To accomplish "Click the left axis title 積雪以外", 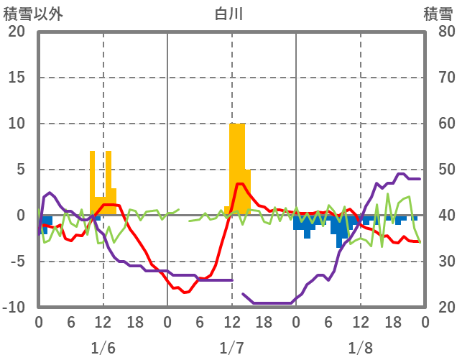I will [29, 13].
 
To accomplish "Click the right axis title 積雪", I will [437, 13].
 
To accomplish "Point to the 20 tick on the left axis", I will [17, 32].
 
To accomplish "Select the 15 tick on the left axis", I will [17, 78].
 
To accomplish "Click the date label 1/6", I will [103, 349].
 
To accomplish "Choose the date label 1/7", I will [231, 349].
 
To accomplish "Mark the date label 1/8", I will [360, 349].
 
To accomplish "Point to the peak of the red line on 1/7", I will [240, 184].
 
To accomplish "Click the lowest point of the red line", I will [185, 292].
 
